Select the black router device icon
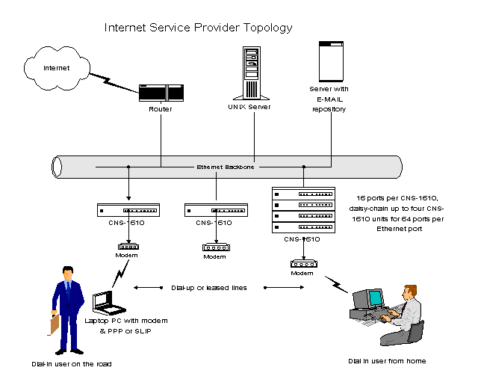161,93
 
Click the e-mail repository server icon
329,62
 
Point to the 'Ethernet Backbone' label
226,167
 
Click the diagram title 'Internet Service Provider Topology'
198,28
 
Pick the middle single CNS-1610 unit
215,210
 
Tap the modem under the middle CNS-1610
214,246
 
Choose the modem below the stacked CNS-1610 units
302,263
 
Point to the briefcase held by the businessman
54,323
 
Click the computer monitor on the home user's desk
373,298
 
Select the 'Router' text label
161,109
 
